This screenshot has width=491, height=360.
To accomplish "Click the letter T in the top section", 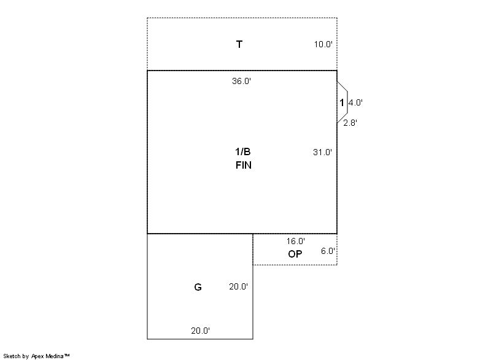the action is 239,44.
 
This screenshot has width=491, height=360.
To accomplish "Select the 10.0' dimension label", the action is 323,44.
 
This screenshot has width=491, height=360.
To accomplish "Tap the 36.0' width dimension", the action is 241,82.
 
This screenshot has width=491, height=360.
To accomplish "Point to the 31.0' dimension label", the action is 323,152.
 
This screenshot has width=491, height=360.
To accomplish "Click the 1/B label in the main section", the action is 242,151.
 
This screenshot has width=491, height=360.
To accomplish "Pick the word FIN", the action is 243,165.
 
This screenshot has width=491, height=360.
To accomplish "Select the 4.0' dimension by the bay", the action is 355,102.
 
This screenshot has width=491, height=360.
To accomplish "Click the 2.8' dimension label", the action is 350,123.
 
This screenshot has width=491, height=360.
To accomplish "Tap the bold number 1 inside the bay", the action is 342,102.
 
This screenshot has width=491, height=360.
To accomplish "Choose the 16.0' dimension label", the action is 296,241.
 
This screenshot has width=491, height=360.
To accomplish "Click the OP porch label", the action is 295,254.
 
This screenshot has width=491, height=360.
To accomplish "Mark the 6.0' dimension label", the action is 328,251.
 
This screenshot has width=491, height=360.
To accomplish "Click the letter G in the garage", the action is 198,287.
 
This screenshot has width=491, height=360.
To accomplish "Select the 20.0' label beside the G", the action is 238,286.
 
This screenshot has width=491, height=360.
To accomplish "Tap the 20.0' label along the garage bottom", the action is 201,331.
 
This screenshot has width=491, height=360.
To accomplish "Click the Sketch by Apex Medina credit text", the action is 36,356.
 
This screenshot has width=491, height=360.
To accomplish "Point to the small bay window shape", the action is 347,102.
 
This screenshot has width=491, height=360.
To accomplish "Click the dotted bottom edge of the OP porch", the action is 295,265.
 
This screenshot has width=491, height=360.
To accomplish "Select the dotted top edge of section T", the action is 242,18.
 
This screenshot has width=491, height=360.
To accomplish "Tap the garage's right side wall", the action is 253,286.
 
